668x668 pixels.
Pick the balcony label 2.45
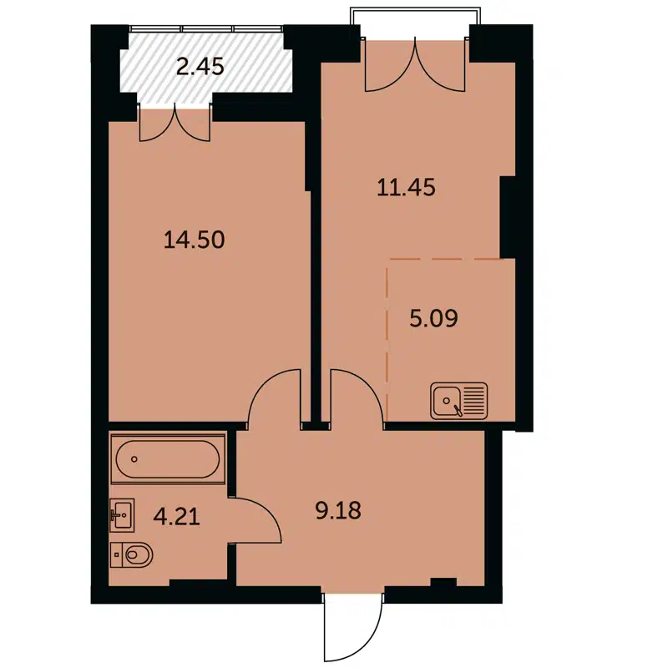click(x=200, y=66)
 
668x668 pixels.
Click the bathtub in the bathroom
click(x=167, y=458)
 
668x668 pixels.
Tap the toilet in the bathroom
click(x=131, y=553)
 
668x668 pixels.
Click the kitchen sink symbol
click(x=449, y=400)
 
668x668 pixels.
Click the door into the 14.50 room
click(x=276, y=397)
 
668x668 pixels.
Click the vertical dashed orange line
click(x=387, y=334)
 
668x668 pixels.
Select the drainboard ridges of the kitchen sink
click(x=474, y=399)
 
